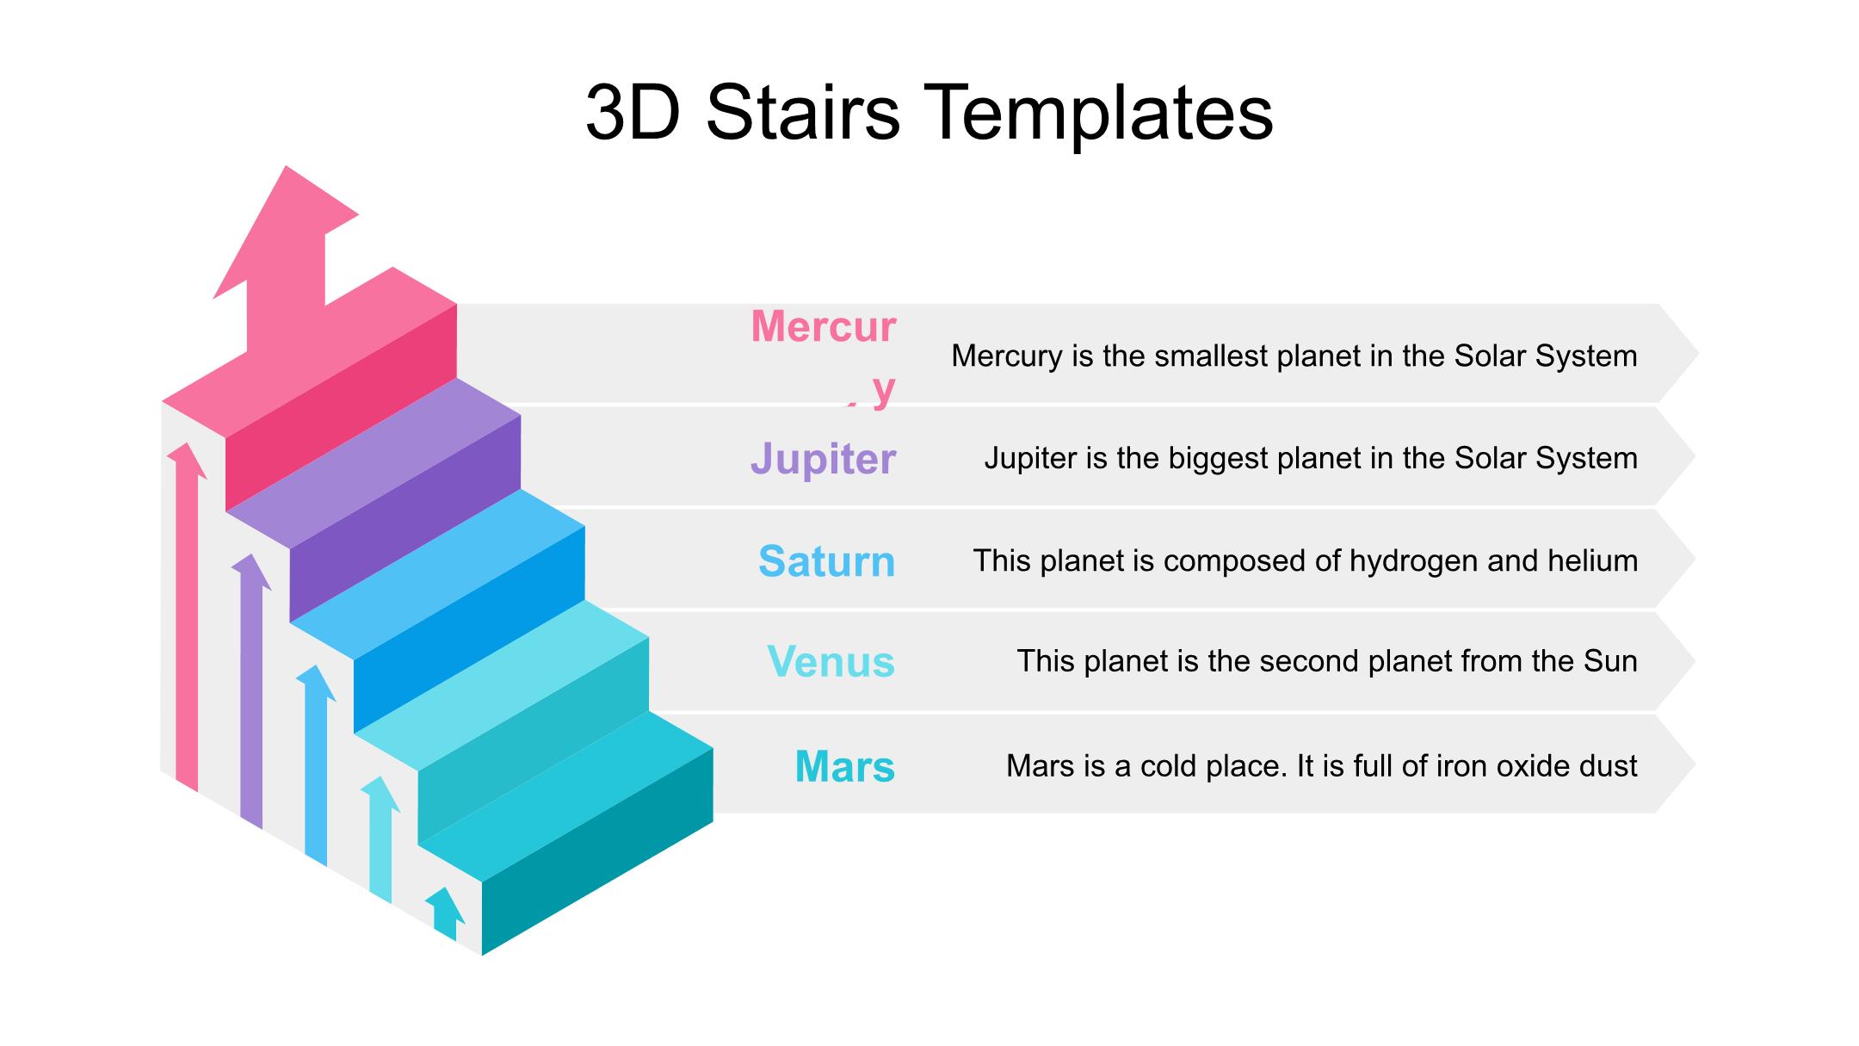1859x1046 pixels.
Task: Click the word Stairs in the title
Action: pos(803,112)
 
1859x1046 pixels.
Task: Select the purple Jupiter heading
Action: pos(823,459)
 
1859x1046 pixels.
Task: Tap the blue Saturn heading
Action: pos(826,561)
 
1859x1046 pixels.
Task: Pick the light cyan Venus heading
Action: pos(831,662)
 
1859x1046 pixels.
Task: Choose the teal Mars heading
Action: pos(844,766)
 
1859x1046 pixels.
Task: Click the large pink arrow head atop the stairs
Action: pos(286,232)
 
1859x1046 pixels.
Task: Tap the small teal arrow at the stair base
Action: pos(445,914)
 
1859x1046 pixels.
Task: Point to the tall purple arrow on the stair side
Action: pos(251,691)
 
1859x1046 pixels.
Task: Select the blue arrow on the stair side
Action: pos(316,765)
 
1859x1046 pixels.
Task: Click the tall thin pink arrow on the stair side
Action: pos(187,617)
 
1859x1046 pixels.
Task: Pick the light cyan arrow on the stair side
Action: pos(380,839)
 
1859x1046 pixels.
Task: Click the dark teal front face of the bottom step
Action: pos(597,852)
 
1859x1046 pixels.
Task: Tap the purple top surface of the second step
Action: pos(374,463)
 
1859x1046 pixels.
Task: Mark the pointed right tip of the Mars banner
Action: pos(1695,764)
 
